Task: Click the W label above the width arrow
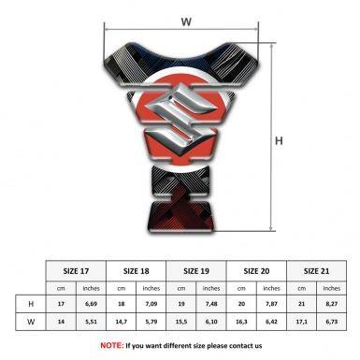point(186,22)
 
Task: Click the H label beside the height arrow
point(279,141)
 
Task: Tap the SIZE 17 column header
point(76,271)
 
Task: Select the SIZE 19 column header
point(196,271)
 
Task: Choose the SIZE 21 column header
point(316,271)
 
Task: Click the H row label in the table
point(31,304)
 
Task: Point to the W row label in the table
point(31,322)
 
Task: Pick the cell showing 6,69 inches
point(91,304)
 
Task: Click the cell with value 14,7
point(121,322)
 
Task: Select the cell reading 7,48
point(211,304)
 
